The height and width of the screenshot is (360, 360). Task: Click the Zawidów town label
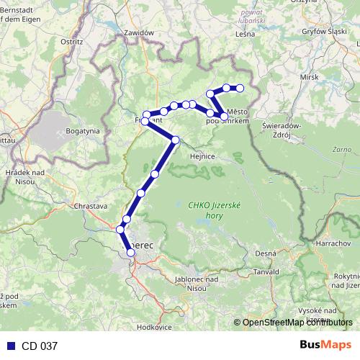tap(139, 33)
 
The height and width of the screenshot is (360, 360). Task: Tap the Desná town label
tap(265, 254)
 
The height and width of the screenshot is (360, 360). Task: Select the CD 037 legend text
tap(39, 346)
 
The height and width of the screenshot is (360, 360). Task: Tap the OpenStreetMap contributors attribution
tap(293, 322)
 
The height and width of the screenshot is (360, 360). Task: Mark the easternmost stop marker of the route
tap(240, 89)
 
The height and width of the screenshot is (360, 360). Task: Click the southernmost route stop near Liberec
tap(130, 252)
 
